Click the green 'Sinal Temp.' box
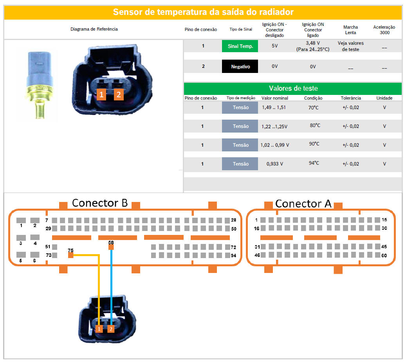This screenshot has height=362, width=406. click(240, 46)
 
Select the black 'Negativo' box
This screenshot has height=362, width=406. click(240, 67)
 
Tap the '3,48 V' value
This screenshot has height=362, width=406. click(313, 43)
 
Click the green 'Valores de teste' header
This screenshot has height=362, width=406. click(293, 88)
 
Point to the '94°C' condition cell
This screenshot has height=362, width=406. click(314, 163)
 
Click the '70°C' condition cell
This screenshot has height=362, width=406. click(314, 107)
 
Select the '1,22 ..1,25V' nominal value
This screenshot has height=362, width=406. click(274, 126)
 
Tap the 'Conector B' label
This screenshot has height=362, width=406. click(100, 203)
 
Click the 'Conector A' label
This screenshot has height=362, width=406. click(303, 204)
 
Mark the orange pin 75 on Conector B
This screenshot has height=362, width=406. click(71, 255)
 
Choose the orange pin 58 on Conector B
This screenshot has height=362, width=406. click(111, 247)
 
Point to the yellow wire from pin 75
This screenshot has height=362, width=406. click(99, 290)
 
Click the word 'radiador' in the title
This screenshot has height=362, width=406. click(276, 12)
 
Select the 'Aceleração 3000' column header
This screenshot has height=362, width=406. click(384, 30)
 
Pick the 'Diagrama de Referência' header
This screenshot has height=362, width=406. click(94, 29)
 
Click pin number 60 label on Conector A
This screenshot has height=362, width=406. click(385, 255)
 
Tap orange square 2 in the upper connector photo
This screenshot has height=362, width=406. click(119, 94)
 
